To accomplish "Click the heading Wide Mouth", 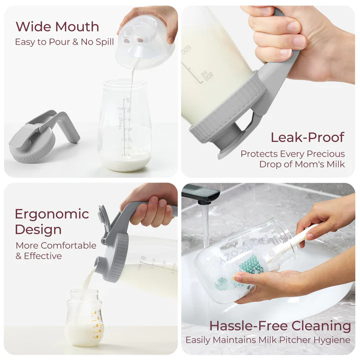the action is (57, 26).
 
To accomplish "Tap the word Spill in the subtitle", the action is (104, 42).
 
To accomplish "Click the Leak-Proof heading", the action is (307, 137).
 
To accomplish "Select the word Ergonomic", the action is (52, 214).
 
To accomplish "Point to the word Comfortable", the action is (69, 245).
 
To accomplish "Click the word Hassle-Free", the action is (249, 326).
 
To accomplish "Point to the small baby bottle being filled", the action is (84, 317).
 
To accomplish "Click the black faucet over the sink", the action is (200, 193).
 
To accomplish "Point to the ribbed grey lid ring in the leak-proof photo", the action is (227, 108).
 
